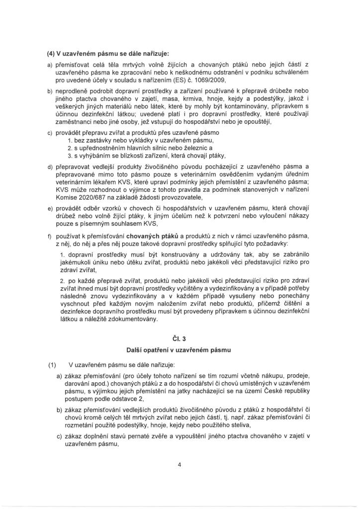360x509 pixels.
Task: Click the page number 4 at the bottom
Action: tap(180, 465)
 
